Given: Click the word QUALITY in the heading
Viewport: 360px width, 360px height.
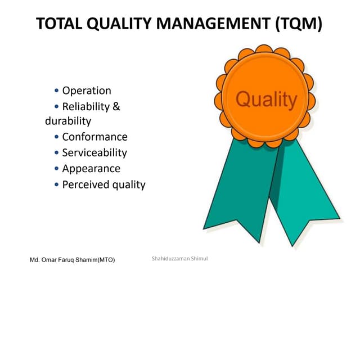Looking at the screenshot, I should point(123,24).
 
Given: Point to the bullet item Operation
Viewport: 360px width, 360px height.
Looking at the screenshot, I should point(87,91).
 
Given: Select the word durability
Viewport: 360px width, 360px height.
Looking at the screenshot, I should point(68,121).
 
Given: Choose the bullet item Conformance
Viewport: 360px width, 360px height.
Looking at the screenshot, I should point(94,137).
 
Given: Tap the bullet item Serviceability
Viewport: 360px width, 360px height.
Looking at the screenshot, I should point(94,152).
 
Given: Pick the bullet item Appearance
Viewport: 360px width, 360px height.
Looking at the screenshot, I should point(91,168).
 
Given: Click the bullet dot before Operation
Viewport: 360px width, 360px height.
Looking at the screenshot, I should point(57,91).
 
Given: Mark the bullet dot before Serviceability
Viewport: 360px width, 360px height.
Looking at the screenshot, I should point(57,153).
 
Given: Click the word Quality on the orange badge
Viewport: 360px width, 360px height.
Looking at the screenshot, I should point(265,100).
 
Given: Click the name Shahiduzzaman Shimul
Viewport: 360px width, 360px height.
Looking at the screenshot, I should point(180,258).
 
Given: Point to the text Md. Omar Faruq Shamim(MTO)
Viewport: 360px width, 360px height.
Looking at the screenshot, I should point(72,260).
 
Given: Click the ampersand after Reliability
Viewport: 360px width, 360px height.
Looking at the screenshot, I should point(116,106).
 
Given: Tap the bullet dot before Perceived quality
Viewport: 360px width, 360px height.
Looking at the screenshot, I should point(57,185).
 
